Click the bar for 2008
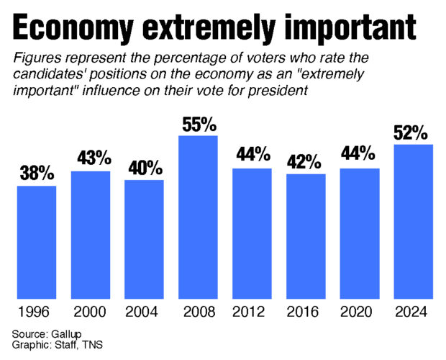click(198, 216)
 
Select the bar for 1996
click(36, 242)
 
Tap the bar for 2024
click(413, 221)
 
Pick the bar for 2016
click(306, 235)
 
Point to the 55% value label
click(198, 125)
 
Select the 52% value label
click(413, 133)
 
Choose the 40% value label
click(144, 168)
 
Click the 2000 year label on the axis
click(90, 312)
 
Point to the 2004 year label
click(144, 312)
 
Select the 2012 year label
click(252, 312)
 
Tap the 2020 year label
click(360, 312)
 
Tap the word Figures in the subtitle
click(34, 57)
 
